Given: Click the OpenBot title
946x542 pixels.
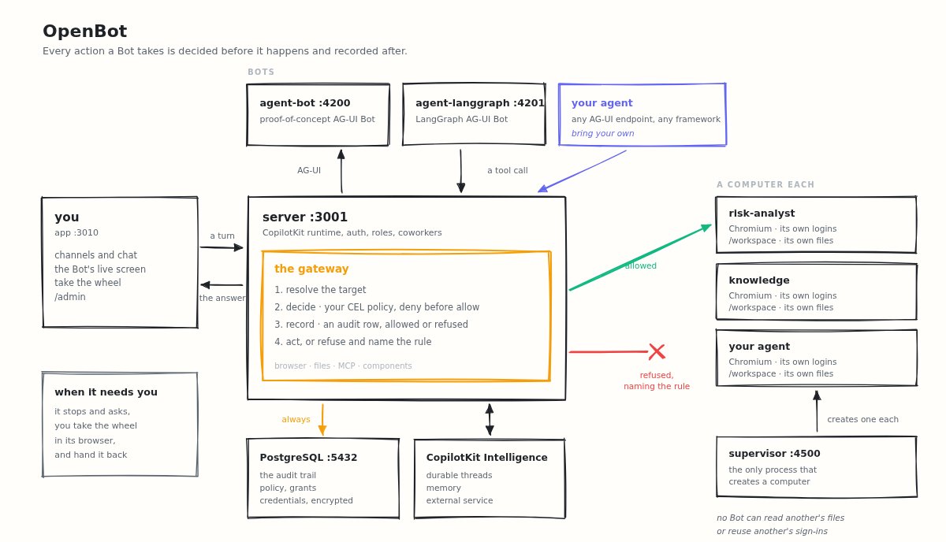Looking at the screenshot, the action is point(84,32).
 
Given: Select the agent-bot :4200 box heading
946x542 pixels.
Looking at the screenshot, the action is point(305,103).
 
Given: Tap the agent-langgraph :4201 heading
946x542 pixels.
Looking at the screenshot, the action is point(480,103).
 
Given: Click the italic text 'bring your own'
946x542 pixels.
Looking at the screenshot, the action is point(602,133).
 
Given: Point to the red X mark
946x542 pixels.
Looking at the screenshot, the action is point(657,351).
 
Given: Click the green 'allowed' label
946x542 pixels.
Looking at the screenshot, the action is point(641,265).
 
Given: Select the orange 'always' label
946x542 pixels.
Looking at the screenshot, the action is point(296,419).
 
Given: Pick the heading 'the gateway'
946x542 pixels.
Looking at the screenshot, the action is point(311,269).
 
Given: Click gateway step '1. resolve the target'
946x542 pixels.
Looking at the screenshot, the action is point(320,290).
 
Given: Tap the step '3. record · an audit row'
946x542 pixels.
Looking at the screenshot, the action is point(371,325).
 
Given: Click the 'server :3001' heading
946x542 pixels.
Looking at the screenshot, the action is point(305,217).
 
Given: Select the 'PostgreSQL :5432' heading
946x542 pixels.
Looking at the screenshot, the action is point(308,458).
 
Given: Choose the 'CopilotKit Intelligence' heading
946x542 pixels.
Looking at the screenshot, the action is point(486,458).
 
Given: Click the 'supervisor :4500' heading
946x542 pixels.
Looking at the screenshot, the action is point(774,454).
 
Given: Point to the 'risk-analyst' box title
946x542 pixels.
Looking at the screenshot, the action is point(762,213).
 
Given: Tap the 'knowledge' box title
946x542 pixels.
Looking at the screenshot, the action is point(759,280).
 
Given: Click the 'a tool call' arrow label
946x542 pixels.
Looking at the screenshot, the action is point(507,170).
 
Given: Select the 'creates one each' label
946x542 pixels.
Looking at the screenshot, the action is point(862,419).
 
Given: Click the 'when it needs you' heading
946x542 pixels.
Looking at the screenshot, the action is point(106,392).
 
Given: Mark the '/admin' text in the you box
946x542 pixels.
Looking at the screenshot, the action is point(70,297).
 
